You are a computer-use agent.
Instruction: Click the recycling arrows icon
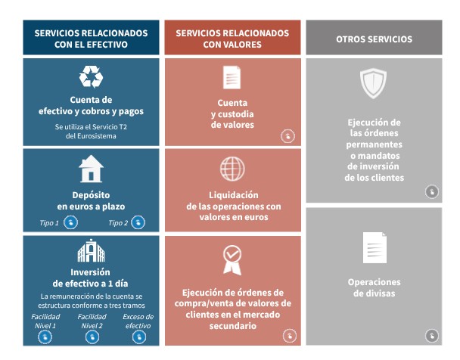pos(90,78)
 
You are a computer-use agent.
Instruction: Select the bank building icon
pos(91,251)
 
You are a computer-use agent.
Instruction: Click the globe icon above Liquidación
pos(232,168)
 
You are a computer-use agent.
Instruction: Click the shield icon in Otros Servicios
pos(373,83)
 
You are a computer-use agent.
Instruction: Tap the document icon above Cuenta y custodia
pos(232,78)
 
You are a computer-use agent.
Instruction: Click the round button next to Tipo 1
pos(70,222)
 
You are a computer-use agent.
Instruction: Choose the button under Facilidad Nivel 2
pos(92,337)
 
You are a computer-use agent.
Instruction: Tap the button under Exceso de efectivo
pos(138,337)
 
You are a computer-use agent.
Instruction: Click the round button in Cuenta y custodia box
pos(287,136)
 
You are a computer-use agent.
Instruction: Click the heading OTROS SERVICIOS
pos(374,39)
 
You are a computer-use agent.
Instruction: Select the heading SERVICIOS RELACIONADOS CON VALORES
pos(232,39)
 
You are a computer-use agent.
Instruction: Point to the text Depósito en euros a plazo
pos(91,200)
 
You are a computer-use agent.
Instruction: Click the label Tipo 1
pos(49,223)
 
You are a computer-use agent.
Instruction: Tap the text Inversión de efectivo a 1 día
pos(91,277)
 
